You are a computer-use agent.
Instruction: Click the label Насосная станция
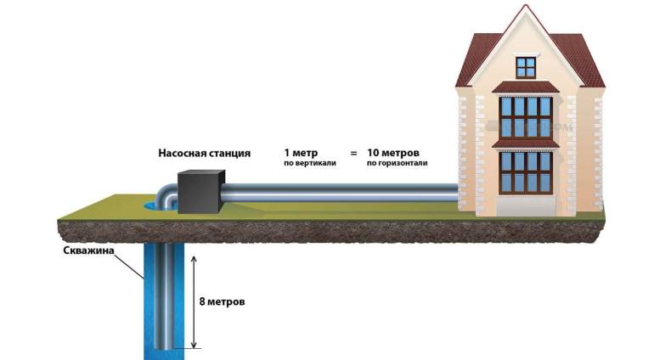(x=204, y=154)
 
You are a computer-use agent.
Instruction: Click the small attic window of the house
(x=527, y=65)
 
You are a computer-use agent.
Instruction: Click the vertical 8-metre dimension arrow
(x=195, y=301)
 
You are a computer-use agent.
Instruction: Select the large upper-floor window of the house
(x=526, y=116)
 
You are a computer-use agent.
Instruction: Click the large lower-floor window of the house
(x=526, y=171)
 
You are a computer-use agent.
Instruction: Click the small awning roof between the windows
(x=526, y=143)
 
